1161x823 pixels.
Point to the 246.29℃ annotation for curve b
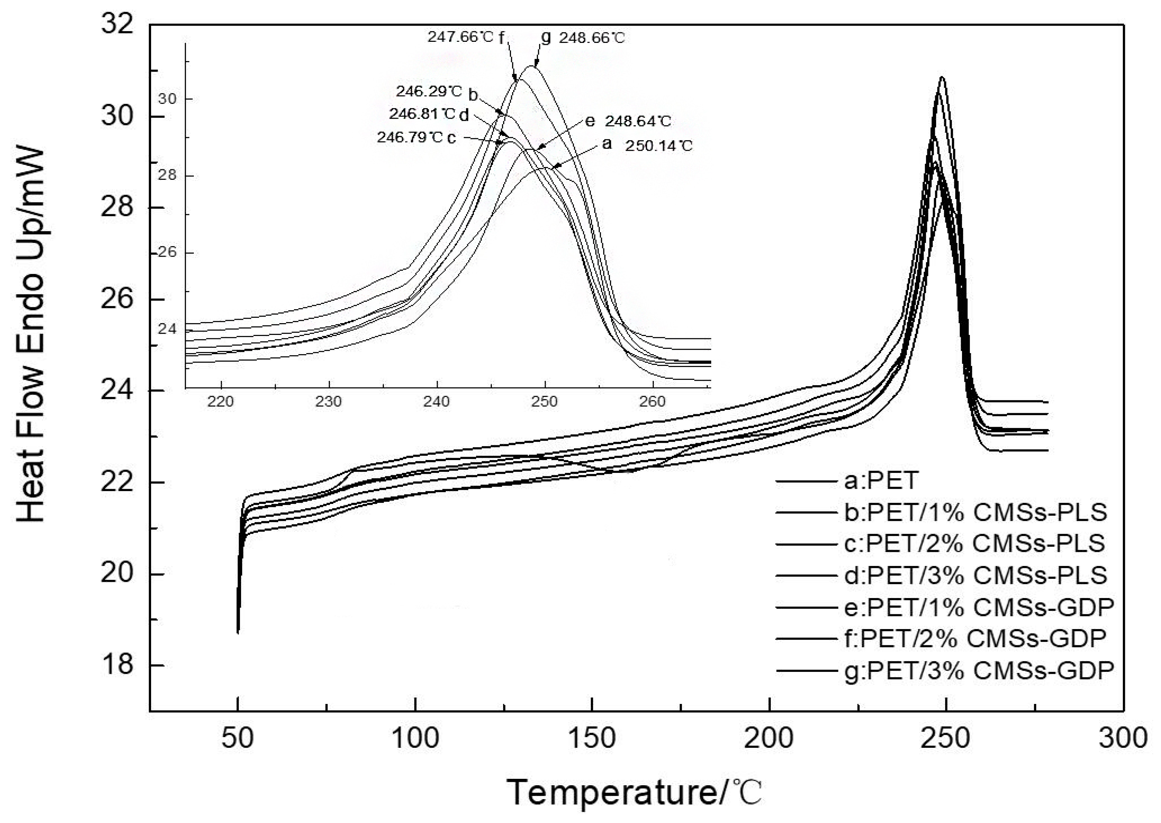coord(429,92)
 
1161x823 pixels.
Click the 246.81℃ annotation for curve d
coord(422,114)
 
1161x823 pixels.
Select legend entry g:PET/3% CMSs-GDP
coord(979,671)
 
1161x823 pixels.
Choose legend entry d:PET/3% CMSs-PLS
coord(975,575)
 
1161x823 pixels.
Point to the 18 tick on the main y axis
coord(118,664)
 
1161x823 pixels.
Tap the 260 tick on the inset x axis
coord(652,402)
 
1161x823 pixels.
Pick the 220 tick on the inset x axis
coord(221,402)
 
